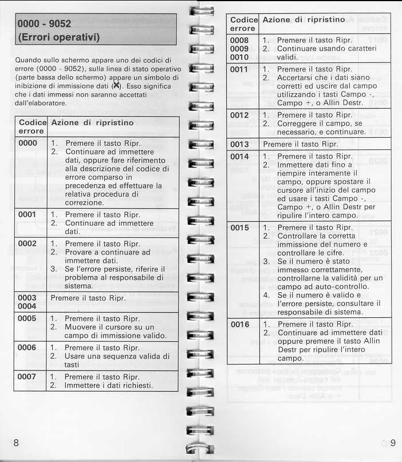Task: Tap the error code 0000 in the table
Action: coord(27,143)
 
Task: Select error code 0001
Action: coord(27,214)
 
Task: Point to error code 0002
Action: coord(27,243)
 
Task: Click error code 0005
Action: coord(27,318)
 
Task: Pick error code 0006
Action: coord(27,347)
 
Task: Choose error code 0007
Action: coord(27,376)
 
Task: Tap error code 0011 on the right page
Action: coord(239,69)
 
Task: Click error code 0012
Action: coord(239,115)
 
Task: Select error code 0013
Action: coord(239,144)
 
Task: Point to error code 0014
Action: coord(239,156)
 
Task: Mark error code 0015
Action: coord(239,228)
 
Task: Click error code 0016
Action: coord(239,324)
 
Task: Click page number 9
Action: coord(393,442)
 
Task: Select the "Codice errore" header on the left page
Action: coord(32,127)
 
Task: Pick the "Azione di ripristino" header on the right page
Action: coord(304,19)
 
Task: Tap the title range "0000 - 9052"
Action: coord(45,25)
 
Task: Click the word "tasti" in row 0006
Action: coord(72,364)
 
